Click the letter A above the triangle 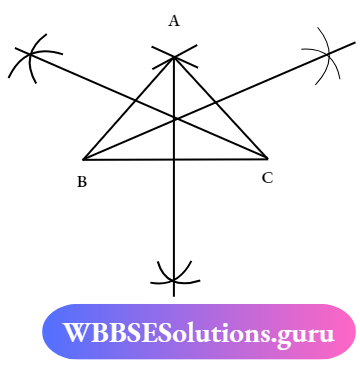(x=174, y=20)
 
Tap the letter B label (x=81, y=182)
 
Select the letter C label (x=267, y=177)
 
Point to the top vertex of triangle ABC (x=174, y=56)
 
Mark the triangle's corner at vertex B (x=83, y=159)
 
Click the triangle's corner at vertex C (x=267, y=157)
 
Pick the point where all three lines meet (x=175, y=119)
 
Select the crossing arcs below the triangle (x=174, y=274)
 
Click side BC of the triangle (x=130, y=158)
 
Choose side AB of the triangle (x=128, y=108)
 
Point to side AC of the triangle (x=221, y=107)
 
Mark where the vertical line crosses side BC (x=175, y=158)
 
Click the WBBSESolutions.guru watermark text (x=198, y=333)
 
